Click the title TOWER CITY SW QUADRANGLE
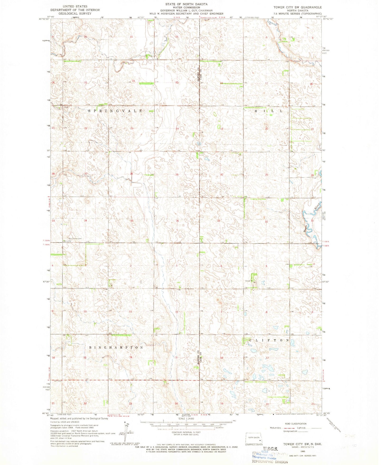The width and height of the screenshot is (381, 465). pos(297,7)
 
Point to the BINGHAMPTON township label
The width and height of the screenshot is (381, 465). pos(116,348)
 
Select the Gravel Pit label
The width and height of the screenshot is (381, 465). pos(249,281)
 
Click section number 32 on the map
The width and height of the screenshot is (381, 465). pos(267,222)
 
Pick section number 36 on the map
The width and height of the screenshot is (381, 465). pos(177,221)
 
